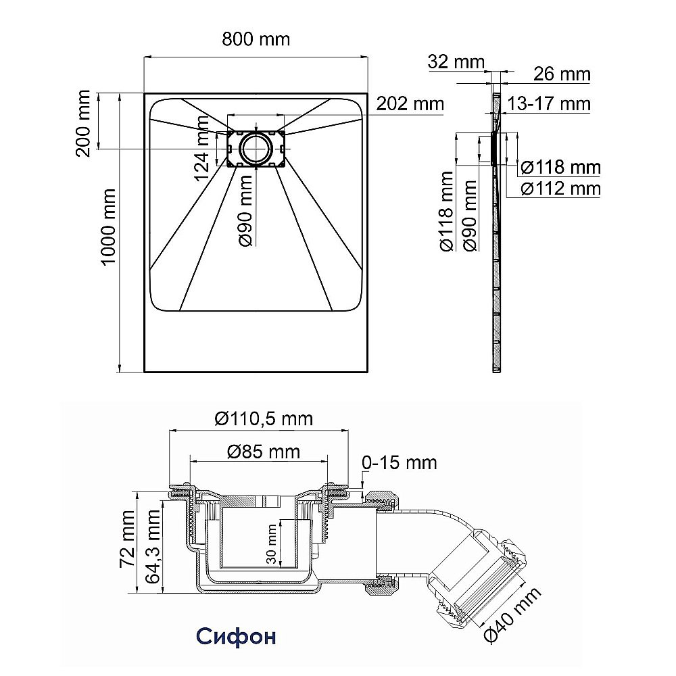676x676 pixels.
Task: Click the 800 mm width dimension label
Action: point(256,39)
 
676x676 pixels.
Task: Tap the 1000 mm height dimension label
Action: point(107,226)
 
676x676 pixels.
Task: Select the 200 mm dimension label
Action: point(82,123)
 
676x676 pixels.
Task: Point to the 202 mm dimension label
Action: point(410,103)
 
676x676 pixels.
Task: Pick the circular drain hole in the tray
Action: point(256,148)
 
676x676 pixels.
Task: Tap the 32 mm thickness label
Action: point(456,62)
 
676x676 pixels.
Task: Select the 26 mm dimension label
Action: point(562,74)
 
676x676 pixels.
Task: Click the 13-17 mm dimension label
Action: point(548,104)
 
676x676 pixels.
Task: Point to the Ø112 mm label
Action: point(561,189)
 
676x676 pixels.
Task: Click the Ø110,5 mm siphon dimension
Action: point(264,418)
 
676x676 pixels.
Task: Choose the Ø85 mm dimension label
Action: point(264,452)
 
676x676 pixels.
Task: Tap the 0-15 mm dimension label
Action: point(400,462)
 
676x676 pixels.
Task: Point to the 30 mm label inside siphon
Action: point(271,544)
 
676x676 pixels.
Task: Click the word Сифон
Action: point(236,636)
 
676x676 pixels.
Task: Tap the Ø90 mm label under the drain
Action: point(247,211)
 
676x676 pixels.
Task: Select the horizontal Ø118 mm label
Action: point(561,167)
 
